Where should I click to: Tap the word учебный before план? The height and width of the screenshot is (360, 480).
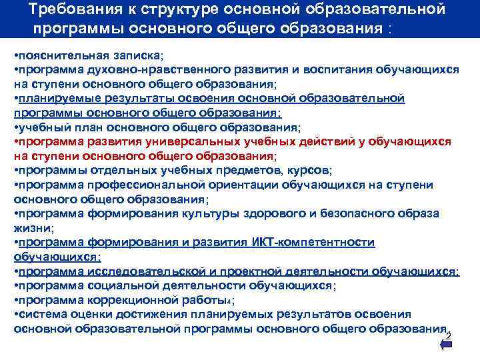(39, 127)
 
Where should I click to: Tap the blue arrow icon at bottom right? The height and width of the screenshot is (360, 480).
(446, 344)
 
